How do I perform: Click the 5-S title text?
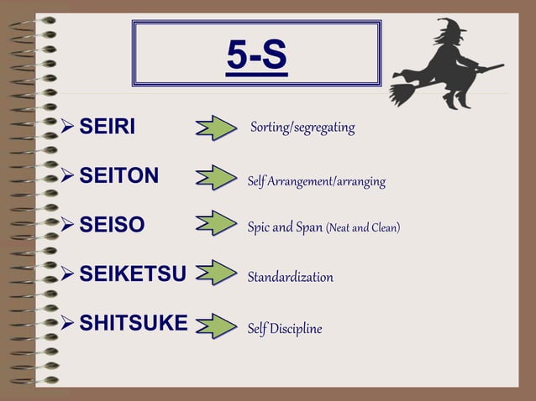pos(256,55)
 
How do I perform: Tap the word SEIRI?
pos(107,128)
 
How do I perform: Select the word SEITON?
pos(118,175)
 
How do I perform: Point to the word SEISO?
pos(112,225)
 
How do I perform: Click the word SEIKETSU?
pos(132,274)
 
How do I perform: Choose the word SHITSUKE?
pos(133,324)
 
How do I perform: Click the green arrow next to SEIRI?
pos(216,128)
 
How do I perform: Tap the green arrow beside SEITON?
pos(216,177)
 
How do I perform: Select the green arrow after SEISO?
pos(216,225)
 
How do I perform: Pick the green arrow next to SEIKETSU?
pos(216,274)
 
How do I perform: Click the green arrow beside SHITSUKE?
pos(216,325)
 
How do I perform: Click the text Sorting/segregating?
pos(302,128)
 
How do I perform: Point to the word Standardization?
pos(290,277)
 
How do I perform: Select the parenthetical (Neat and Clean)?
pos(362,227)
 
